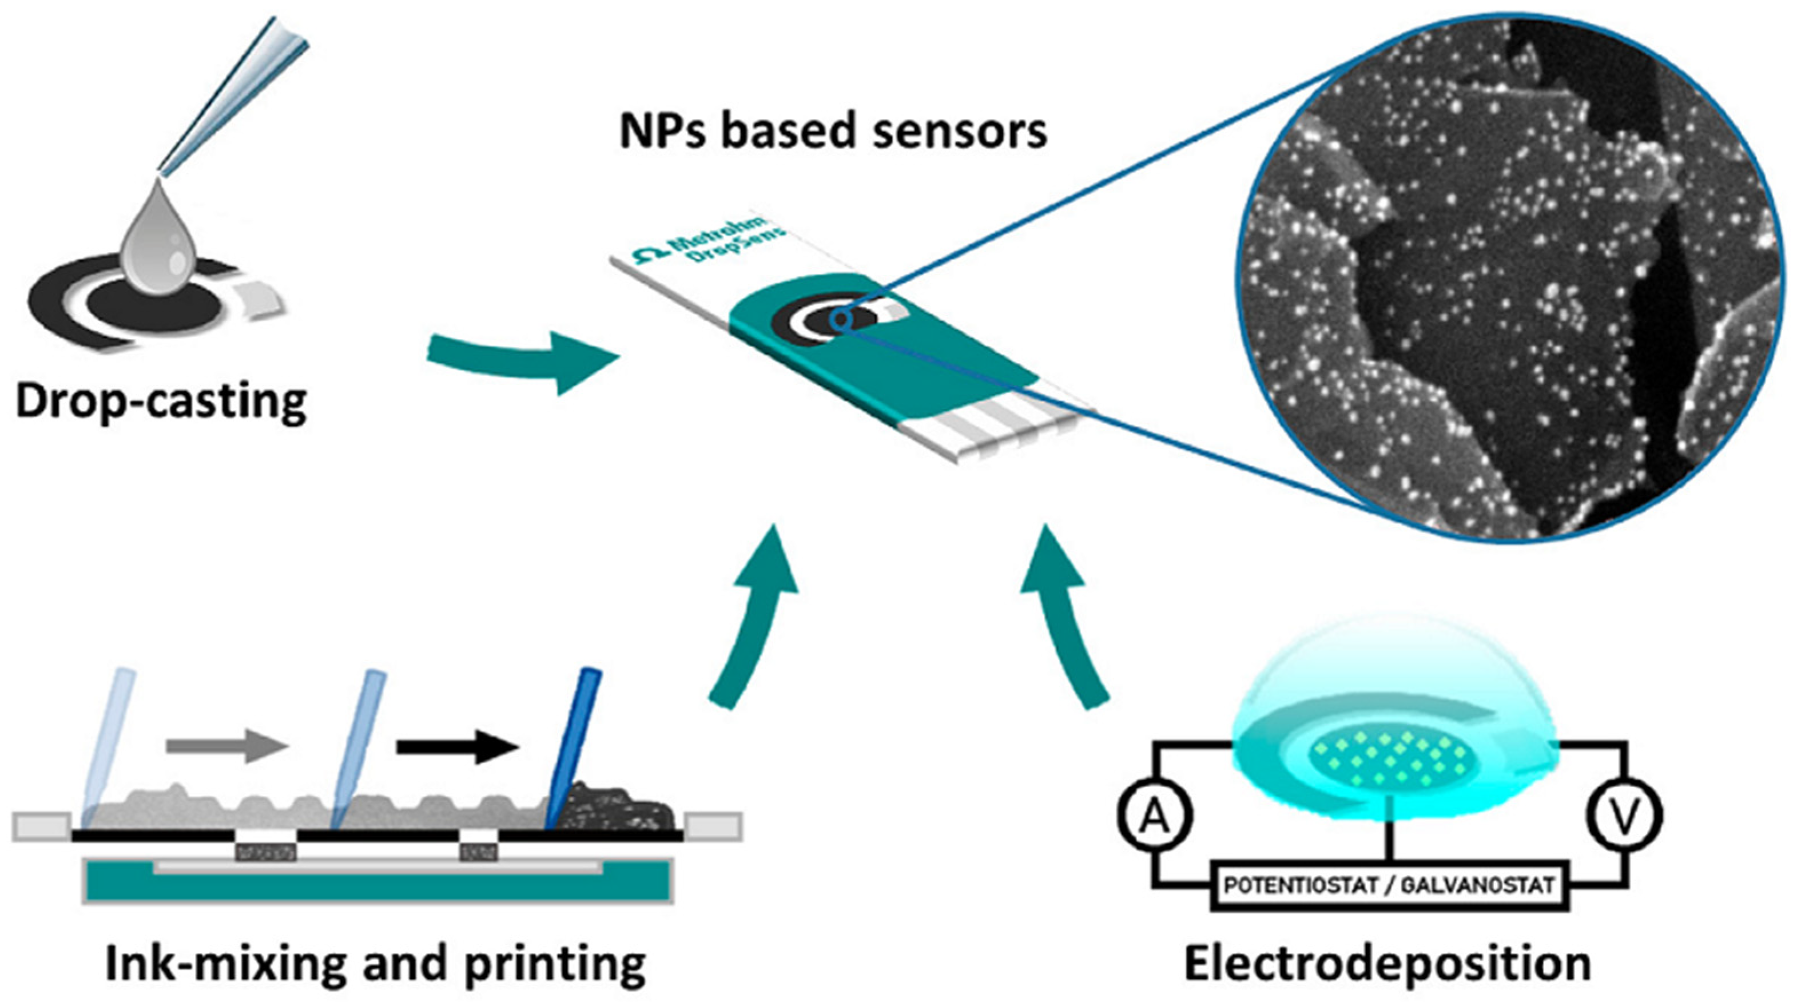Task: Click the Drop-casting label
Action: click(161, 402)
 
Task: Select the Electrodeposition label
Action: click(1387, 963)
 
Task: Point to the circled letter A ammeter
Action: click(1155, 815)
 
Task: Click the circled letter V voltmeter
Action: click(1625, 815)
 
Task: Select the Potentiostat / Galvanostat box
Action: click(1389, 885)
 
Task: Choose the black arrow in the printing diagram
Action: click(458, 746)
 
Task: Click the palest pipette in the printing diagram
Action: click(108, 746)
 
